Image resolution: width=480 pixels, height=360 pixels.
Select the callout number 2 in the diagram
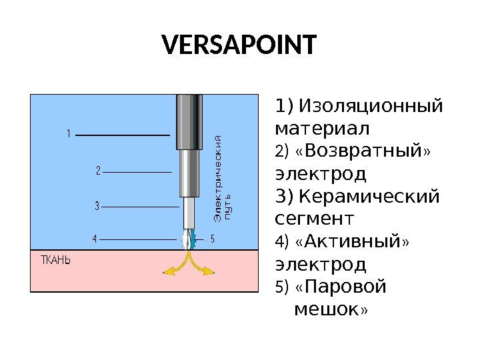(97, 171)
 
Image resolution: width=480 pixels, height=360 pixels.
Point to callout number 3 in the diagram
(97, 207)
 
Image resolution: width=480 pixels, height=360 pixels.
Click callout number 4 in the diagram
(95, 238)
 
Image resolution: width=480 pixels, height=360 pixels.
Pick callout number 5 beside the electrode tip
(212, 238)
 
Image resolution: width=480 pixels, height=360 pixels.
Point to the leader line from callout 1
(123, 135)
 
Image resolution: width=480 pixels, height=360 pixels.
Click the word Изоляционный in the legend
(370, 107)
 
